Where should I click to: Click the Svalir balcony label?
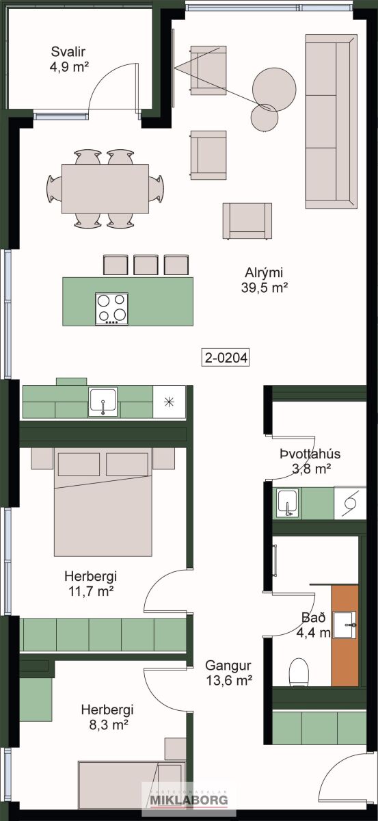coord(68,59)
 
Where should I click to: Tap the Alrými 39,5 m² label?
coord(264,280)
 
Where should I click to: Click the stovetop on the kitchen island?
coord(111,309)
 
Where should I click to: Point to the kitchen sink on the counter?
coord(103,402)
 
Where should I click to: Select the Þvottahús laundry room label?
coord(310,460)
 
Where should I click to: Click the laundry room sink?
coord(288,503)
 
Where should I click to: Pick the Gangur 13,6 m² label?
coord(228,673)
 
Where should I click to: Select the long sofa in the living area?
coord(331,122)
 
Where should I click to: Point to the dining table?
coord(105,189)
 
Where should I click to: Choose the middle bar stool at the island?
coord(146,265)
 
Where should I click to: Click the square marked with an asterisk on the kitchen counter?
coord(169,402)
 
